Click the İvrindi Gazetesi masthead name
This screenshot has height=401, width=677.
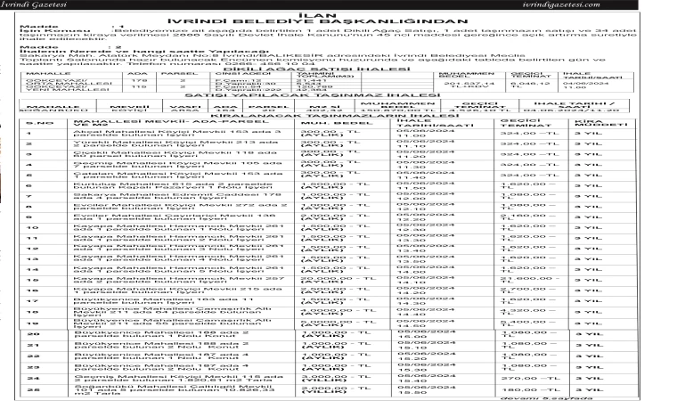tap(34, 5)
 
